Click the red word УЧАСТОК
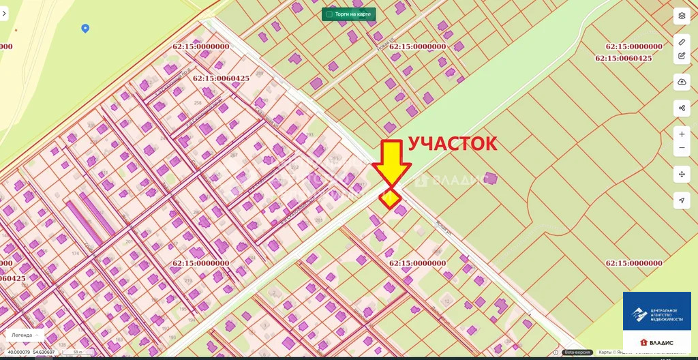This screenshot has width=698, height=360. tap(453, 144)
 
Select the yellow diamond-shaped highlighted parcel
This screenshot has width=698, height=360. tap(391, 198)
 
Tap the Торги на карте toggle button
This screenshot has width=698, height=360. tap(348, 14)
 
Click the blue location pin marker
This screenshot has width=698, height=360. tap(85, 28)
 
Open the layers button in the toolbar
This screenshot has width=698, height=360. tap(682, 16)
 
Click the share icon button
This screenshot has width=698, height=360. tap(682, 108)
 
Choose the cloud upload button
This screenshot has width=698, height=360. tap(682, 82)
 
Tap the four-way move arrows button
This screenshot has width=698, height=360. tap(682, 174)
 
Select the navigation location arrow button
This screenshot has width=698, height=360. tap(682, 200)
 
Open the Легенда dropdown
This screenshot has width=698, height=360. tap(25, 335)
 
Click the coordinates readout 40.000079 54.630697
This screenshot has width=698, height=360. tap(31, 352)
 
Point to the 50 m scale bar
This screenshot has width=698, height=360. tap(79, 352)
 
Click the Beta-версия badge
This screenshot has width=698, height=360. tap(577, 352)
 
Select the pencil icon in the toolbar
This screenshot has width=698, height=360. tap(682, 42)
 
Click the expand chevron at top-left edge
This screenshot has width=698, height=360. tap(3, 13)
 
